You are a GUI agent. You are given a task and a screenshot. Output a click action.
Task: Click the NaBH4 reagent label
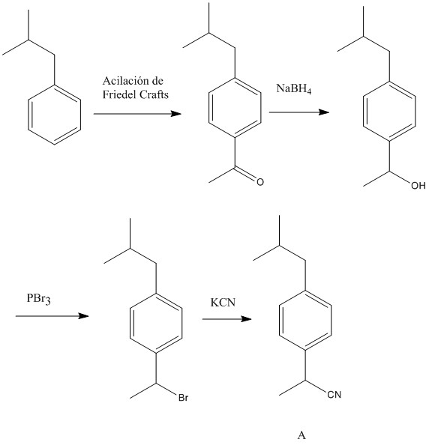point(294,88)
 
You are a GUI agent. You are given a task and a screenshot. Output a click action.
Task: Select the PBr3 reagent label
point(39,299)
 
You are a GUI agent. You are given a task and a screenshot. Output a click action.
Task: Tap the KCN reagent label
point(223,302)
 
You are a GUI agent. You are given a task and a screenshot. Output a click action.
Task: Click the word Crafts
point(154,94)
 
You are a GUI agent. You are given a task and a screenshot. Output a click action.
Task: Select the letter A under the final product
point(301,435)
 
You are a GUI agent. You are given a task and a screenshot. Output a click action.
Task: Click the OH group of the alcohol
point(418,186)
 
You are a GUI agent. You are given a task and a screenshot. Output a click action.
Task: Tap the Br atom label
point(183,398)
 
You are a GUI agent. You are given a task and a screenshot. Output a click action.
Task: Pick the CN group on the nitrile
point(334,395)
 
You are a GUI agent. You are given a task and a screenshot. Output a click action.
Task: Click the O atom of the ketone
point(260,182)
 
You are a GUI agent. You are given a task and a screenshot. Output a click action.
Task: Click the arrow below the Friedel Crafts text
point(137,114)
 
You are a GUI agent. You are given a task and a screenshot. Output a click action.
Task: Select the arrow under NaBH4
point(299,112)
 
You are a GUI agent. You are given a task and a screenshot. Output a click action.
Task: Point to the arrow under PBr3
point(52,316)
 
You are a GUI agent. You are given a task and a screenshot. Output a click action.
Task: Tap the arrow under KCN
point(226,319)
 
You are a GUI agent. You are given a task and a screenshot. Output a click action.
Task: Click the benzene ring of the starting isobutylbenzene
point(55,115)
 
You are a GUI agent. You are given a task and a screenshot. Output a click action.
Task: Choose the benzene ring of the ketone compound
point(235,107)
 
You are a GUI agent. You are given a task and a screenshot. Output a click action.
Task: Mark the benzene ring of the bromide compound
point(156,323)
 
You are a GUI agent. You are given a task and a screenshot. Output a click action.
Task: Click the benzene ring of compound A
point(305,320)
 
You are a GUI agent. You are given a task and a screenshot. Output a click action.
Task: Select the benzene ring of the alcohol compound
point(389,111)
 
